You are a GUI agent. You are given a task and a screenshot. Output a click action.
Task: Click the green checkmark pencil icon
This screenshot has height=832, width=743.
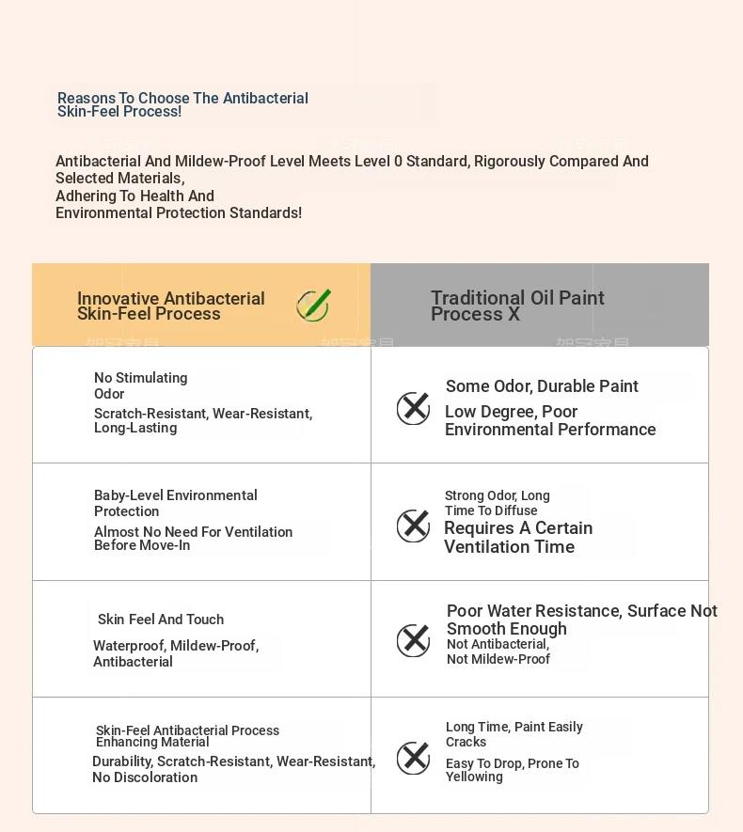tap(313, 306)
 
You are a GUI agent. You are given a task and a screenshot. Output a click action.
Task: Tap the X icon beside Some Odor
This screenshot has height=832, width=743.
tap(413, 408)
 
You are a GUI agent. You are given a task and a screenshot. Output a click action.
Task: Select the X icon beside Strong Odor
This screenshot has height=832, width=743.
tap(413, 526)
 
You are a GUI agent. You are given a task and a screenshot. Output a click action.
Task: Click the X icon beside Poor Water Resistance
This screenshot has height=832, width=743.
tap(413, 641)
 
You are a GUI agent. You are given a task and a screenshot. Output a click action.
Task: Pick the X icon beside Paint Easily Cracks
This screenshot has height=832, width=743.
tap(413, 758)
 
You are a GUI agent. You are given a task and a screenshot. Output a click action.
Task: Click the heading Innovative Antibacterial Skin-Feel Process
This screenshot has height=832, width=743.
tap(171, 306)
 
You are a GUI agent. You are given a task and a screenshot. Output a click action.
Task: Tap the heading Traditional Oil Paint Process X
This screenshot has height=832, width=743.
tap(517, 306)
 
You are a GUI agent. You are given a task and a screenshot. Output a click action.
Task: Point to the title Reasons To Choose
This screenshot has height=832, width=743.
tap(182, 104)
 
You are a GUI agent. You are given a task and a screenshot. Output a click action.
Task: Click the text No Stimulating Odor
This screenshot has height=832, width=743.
tap(140, 385)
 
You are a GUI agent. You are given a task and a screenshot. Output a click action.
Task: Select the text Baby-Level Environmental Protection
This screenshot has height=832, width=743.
tap(175, 503)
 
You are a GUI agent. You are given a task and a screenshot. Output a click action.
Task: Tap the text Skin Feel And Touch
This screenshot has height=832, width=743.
tap(161, 620)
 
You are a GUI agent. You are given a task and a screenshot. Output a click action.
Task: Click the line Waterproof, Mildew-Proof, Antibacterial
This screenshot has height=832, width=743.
tap(176, 653)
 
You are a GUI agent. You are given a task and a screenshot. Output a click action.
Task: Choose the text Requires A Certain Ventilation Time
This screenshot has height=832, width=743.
tap(518, 538)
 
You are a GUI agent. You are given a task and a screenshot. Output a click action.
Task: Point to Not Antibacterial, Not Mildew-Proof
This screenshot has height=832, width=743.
tap(498, 651)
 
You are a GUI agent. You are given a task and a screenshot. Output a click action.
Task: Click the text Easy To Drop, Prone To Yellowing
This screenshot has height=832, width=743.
tap(513, 770)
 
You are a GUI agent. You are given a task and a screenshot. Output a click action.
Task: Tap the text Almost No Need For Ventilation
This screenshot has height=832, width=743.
tap(193, 539)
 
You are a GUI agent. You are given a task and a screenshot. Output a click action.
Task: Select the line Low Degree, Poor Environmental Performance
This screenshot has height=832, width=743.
tap(550, 420)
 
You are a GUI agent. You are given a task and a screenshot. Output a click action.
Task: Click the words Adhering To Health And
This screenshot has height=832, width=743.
tap(134, 196)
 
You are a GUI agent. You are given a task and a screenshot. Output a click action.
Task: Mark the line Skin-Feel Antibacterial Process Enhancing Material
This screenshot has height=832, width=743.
tap(187, 736)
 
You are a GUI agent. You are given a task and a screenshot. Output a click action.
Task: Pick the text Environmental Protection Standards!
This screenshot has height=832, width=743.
tap(179, 212)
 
